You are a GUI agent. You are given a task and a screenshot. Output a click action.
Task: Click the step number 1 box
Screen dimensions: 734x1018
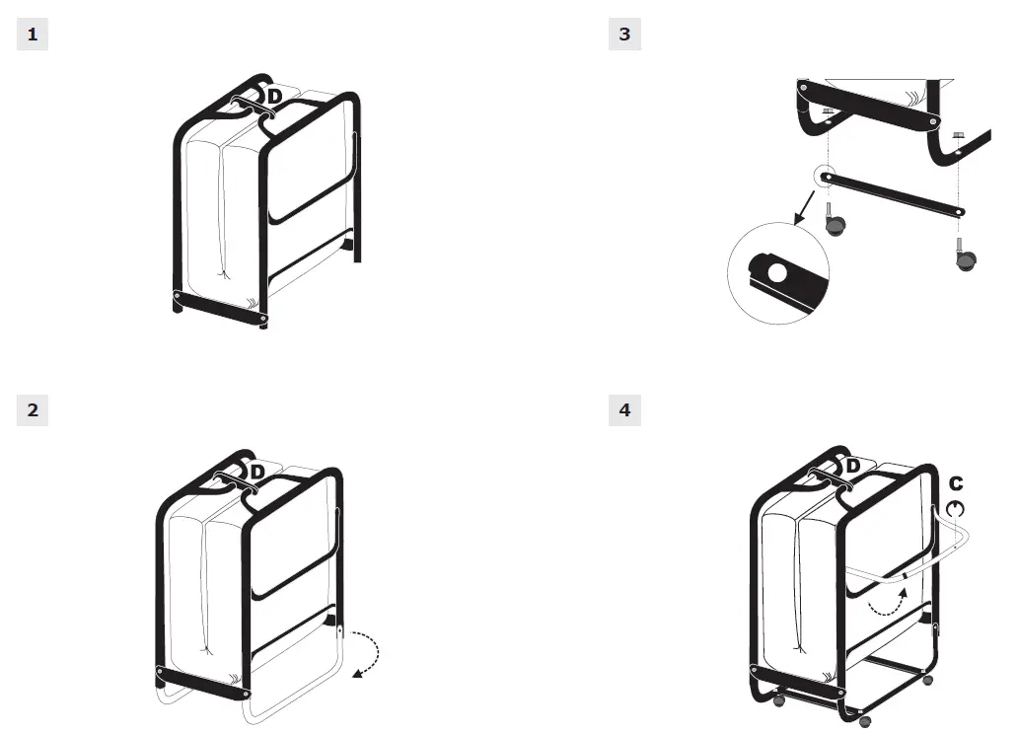click(x=33, y=35)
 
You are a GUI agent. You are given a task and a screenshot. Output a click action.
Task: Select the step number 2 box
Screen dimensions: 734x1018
click(x=33, y=409)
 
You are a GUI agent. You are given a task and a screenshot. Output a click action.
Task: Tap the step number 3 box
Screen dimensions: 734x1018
click(x=624, y=35)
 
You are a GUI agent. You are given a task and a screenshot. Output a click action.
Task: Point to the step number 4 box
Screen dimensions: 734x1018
click(x=624, y=409)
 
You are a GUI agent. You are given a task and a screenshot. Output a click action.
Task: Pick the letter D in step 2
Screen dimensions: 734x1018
click(x=257, y=473)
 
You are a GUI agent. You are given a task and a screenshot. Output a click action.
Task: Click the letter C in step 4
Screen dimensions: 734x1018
click(x=955, y=484)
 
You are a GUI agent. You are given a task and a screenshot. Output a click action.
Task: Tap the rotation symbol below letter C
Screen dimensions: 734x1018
click(x=955, y=508)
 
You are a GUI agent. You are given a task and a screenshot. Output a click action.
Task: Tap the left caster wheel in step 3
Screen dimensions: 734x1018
click(x=835, y=226)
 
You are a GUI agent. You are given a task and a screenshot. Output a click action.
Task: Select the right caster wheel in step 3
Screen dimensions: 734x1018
click(x=965, y=259)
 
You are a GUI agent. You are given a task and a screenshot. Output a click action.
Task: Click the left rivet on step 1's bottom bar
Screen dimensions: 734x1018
click(x=178, y=296)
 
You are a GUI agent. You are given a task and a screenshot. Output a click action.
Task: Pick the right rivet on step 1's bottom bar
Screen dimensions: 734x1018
click(x=263, y=319)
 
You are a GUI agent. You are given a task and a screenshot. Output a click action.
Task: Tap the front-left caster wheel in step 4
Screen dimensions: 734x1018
click(x=777, y=698)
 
